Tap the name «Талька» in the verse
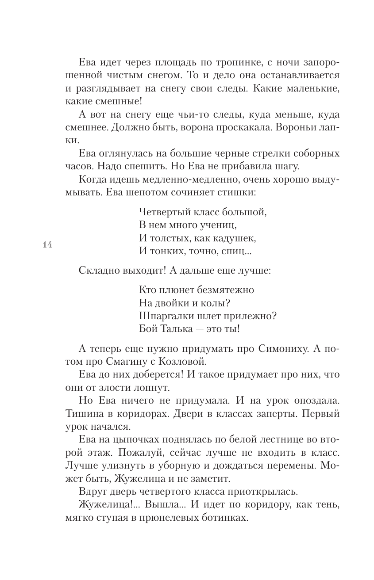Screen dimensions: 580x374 point(177,329)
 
